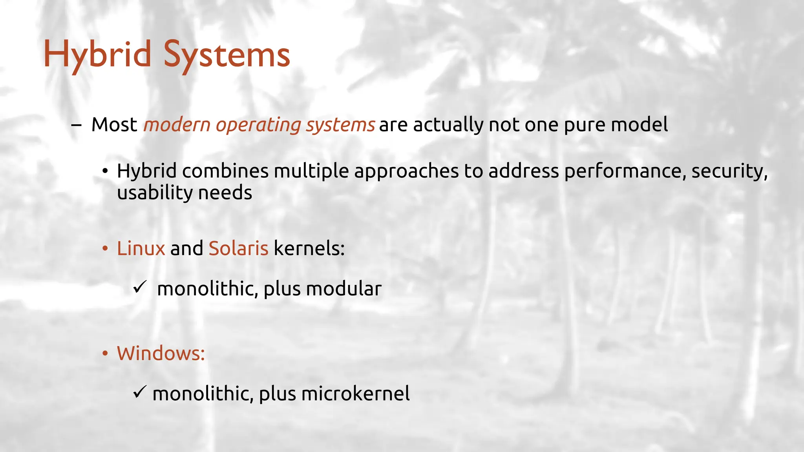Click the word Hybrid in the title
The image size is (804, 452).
[97, 55]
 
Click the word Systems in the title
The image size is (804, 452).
[227, 55]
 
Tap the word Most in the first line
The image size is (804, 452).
[114, 125]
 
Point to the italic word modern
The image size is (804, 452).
[177, 125]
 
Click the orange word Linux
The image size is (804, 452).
[141, 248]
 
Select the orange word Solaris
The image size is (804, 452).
[238, 248]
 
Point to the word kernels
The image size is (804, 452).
[309, 248]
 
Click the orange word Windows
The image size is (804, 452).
[161, 353]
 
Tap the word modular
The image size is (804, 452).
[344, 289]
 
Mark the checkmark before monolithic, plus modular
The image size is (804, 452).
[139, 287]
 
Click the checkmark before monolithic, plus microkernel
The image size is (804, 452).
[139, 392]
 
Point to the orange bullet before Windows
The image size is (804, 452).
[105, 354]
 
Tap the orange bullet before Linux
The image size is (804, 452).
[105, 249]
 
